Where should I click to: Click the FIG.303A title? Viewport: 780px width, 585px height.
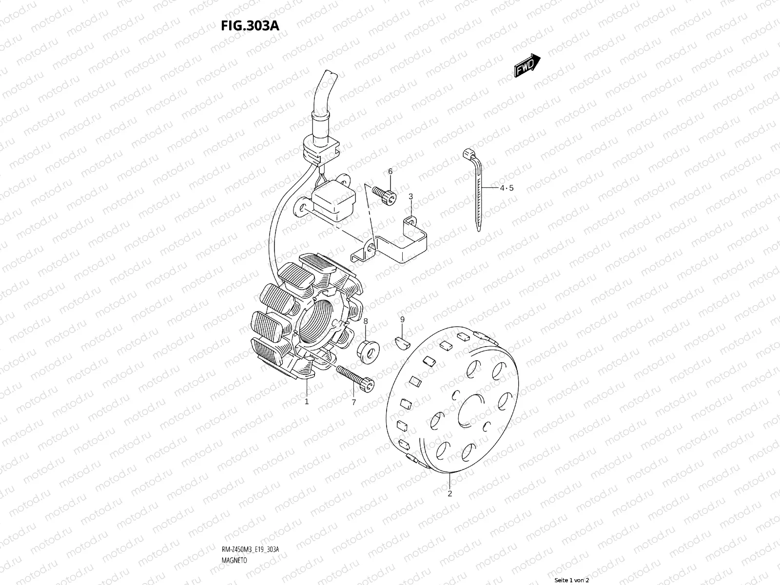pyautogui.click(x=250, y=26)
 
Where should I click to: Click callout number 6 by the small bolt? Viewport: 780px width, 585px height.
pyautogui.click(x=390, y=171)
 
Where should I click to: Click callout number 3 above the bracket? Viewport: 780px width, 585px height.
pyautogui.click(x=410, y=196)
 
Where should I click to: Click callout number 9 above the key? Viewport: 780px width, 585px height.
pyautogui.click(x=402, y=319)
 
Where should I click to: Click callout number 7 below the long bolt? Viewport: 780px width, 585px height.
pyautogui.click(x=354, y=402)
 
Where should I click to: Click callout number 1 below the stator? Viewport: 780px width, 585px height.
pyautogui.click(x=307, y=402)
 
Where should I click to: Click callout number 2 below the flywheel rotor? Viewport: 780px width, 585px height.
pyautogui.click(x=449, y=493)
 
